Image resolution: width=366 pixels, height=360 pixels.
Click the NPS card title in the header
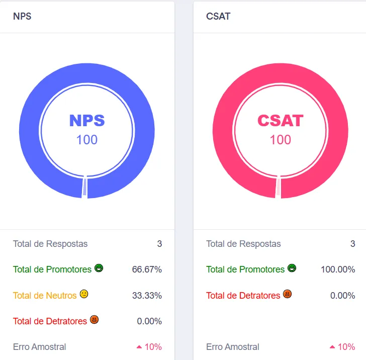[x=22, y=17]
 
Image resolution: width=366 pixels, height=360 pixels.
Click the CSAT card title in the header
[x=218, y=17]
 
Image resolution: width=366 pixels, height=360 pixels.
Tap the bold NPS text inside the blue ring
[x=87, y=121]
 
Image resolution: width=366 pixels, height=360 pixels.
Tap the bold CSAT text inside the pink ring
[x=281, y=121]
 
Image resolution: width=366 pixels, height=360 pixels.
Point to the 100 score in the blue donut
[x=87, y=140]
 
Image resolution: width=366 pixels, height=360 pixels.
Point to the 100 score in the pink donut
[x=281, y=140]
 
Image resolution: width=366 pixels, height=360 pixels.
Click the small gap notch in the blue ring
[x=85, y=187]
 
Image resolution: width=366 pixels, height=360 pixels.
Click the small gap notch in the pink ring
[x=278, y=187]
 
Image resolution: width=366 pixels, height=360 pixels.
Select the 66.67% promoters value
[x=147, y=269]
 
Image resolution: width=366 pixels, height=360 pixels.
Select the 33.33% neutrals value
[x=147, y=296]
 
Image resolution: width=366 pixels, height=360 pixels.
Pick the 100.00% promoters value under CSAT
[x=338, y=269]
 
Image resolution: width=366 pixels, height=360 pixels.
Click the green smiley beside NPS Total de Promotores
[x=99, y=268]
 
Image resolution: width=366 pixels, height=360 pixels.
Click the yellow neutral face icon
[x=84, y=294]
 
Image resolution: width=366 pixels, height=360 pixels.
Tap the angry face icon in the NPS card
[x=95, y=320]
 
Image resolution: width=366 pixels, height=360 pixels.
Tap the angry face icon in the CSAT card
[x=288, y=294]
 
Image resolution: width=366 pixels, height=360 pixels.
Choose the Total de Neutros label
[x=45, y=296]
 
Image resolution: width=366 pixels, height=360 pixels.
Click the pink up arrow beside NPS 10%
[x=139, y=347]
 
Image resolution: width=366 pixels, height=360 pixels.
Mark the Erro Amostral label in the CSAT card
[x=233, y=347]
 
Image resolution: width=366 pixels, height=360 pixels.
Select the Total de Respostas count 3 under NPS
[x=159, y=244]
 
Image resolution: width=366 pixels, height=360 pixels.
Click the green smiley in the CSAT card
[x=292, y=268]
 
